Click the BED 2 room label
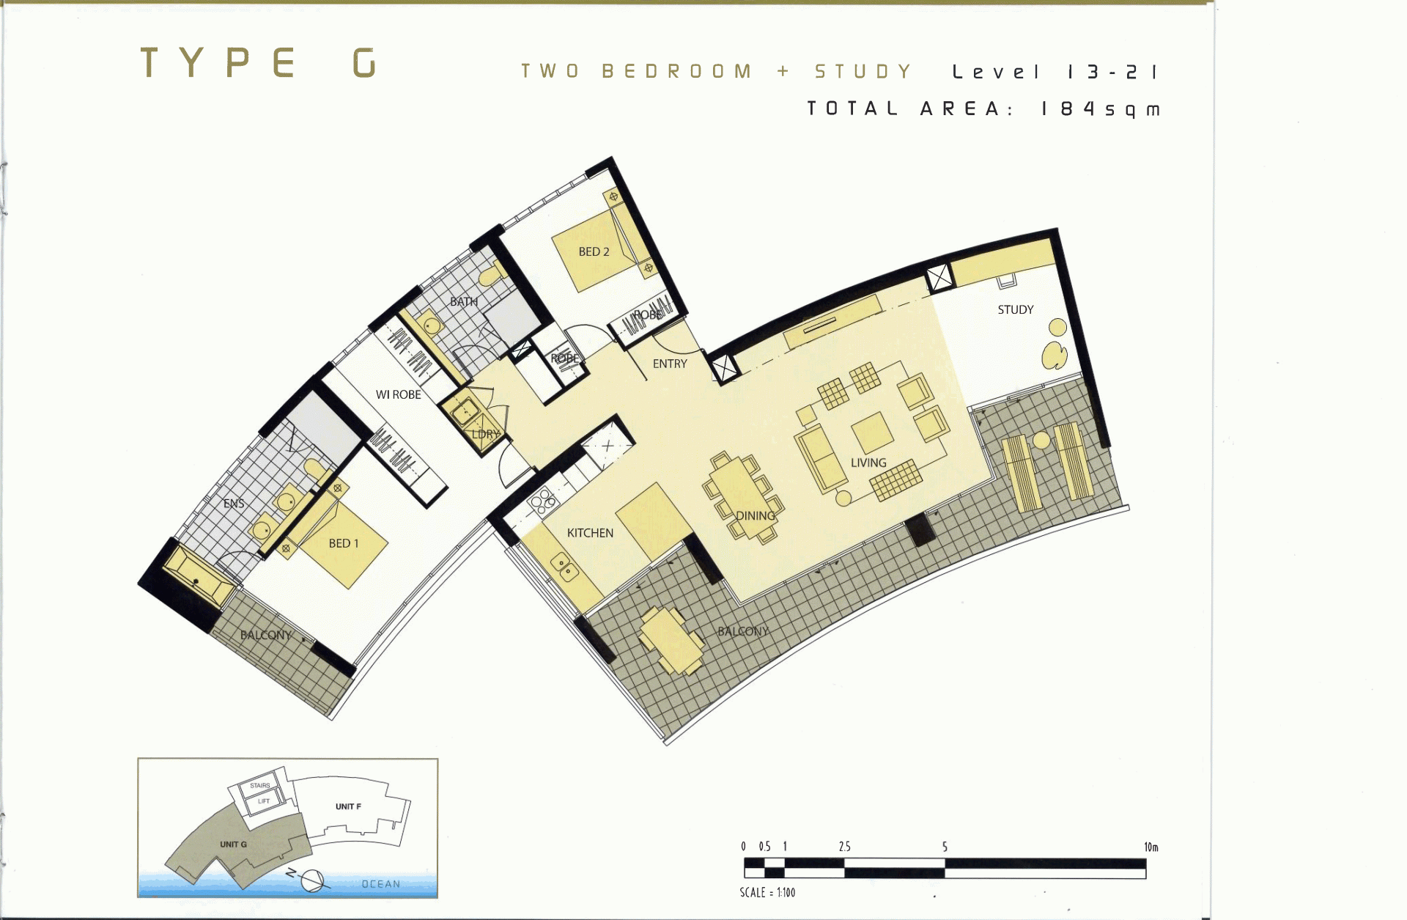(x=594, y=251)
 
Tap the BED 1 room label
(x=344, y=543)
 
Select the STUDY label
(x=1016, y=309)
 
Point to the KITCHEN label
(x=590, y=533)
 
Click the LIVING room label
(x=868, y=463)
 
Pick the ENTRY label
(x=670, y=364)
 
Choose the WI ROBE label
(x=399, y=394)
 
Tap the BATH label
(x=464, y=301)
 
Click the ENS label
(x=234, y=504)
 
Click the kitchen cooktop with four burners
(x=543, y=502)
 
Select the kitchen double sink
(x=564, y=567)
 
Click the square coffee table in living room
(x=872, y=433)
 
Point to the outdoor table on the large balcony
(x=671, y=641)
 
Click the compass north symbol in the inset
(x=311, y=880)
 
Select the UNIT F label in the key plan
(x=348, y=806)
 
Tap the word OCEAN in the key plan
(x=381, y=884)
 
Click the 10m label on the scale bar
(x=1151, y=847)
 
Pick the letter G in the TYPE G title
(x=364, y=62)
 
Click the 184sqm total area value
(x=1101, y=109)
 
